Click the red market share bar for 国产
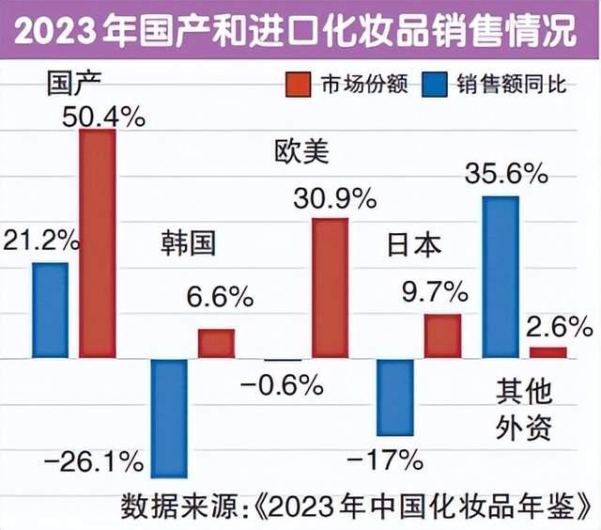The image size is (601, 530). tap(97, 243)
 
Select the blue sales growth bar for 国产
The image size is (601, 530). tap(50, 310)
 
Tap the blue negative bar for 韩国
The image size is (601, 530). tap(170, 418)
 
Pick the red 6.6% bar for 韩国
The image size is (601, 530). tap(216, 343)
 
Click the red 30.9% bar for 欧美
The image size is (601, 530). tap(330, 288)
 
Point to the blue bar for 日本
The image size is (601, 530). tap(394, 397)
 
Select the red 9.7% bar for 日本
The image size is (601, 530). tap(442, 335)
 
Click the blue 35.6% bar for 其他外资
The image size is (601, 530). tap(501, 276)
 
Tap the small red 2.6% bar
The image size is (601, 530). tap(548, 352)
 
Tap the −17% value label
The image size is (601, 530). tap(386, 460)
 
